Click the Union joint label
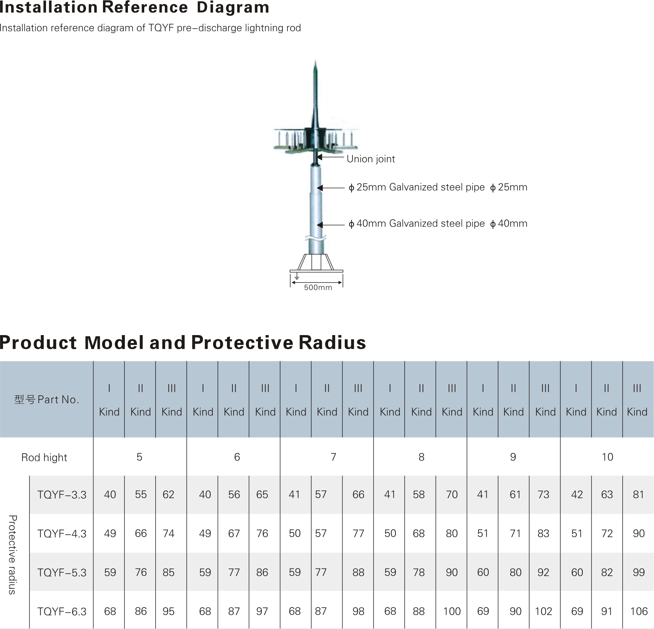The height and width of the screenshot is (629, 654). pos(371,159)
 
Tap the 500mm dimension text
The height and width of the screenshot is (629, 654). pos(318,288)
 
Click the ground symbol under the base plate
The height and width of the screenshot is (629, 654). pos(297,276)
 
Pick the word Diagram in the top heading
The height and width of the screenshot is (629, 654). pos(233,7)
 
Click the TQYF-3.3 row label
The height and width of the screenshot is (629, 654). pos(62,495)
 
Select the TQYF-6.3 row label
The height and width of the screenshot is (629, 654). pos(62,611)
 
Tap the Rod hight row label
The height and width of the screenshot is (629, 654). pos(44,457)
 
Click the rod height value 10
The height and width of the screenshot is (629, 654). pos(607,457)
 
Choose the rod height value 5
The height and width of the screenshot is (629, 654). pos(140,457)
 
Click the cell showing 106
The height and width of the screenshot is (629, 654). pos(639,611)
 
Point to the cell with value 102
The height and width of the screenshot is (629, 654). pos(543,611)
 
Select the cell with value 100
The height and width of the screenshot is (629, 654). pos(452,611)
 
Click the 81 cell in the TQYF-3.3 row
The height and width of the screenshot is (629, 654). pos(638,494)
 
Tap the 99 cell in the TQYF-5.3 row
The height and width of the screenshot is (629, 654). pos(639,572)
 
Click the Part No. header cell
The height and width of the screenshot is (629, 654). pos(46,399)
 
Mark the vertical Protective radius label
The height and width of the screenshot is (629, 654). pos(12,555)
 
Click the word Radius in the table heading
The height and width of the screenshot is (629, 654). pos(332,342)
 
